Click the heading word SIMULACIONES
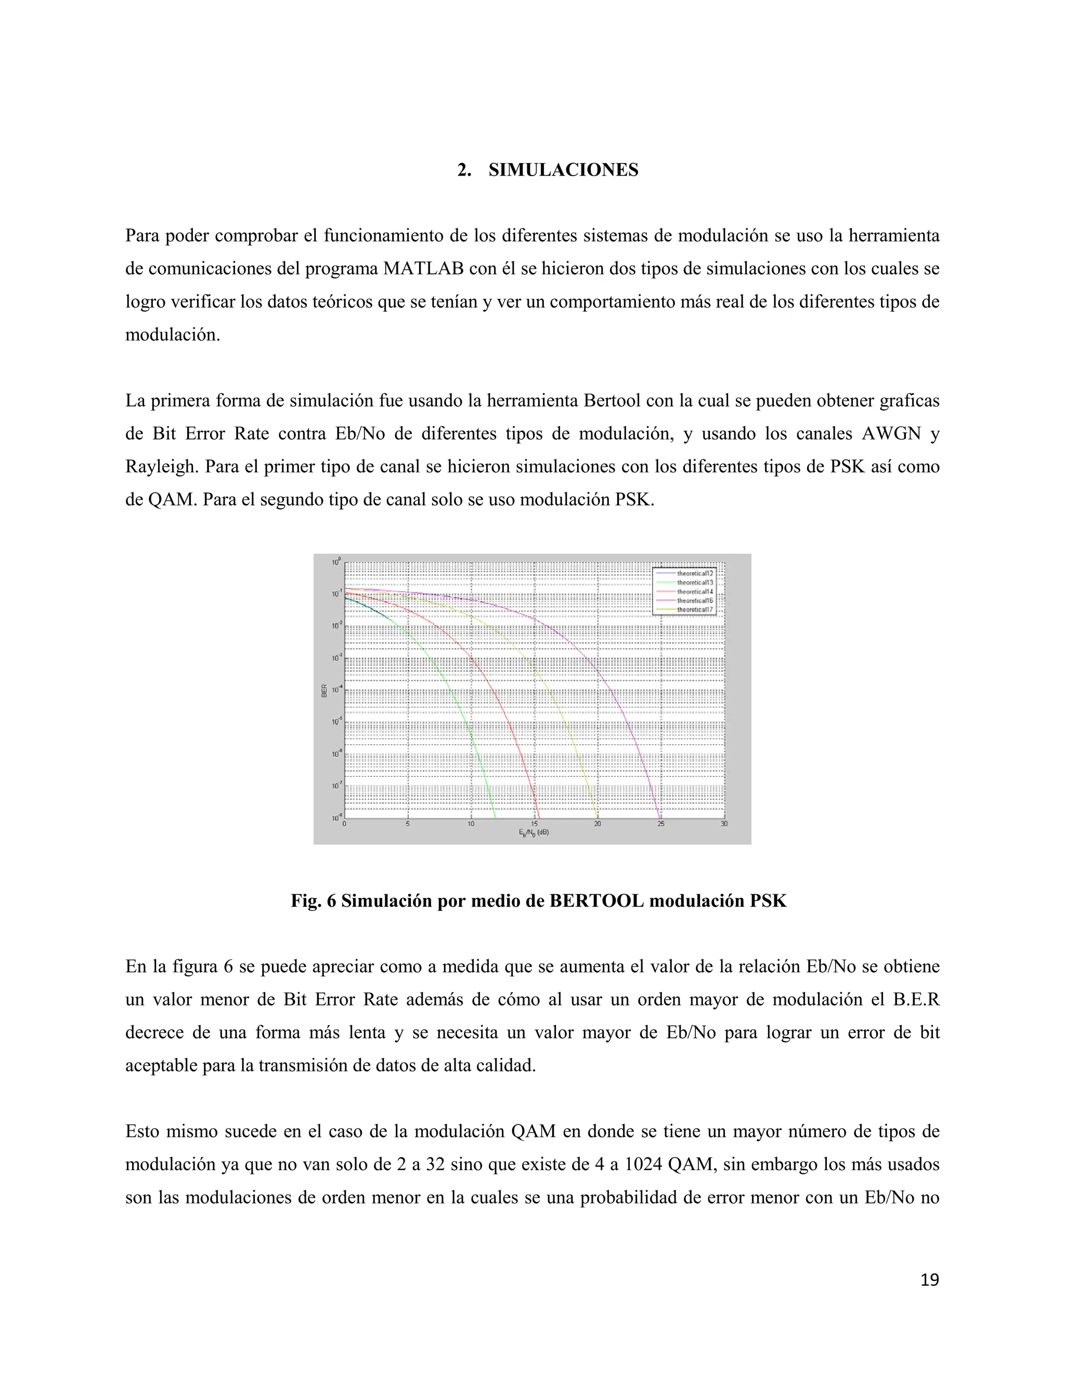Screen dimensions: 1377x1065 click(563, 170)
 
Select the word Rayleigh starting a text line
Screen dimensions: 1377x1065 click(162, 467)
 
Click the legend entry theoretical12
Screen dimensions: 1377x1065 click(695, 574)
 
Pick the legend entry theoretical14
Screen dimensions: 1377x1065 click(695, 592)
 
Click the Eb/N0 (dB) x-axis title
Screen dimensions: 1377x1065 click(534, 832)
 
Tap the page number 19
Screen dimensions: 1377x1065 click(929, 1280)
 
